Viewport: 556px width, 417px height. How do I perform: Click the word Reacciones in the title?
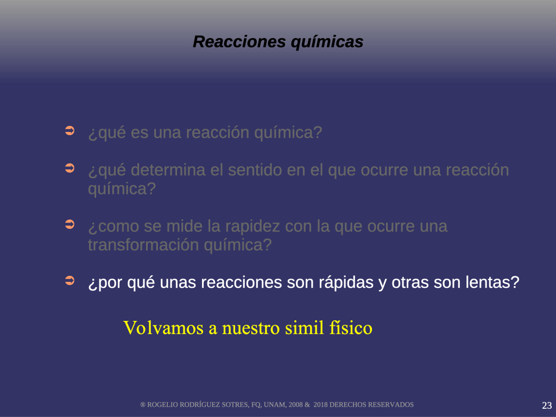239,41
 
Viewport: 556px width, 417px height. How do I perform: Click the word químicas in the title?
327,42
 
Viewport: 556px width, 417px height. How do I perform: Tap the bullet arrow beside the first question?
70,130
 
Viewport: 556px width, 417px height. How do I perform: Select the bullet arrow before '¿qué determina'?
70,168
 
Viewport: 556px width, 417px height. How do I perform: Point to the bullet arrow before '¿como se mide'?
70,224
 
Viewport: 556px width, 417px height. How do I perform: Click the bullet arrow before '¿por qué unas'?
70,281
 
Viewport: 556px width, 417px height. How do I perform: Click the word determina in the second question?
168,170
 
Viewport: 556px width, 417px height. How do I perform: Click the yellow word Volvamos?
163,327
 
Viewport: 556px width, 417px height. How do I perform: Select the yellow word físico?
351,328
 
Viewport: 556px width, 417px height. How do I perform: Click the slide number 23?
547,405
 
